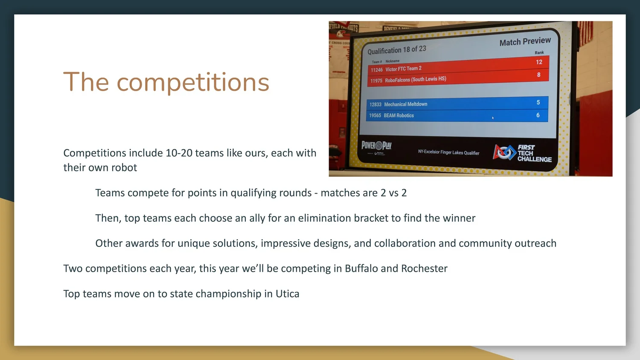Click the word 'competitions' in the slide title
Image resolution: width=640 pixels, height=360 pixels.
[193, 82]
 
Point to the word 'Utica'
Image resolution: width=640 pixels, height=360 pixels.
[287, 294]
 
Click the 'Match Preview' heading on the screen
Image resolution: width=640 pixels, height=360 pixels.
[525, 41]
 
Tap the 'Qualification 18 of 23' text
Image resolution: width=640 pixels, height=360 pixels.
[397, 50]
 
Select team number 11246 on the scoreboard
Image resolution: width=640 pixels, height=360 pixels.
[376, 70]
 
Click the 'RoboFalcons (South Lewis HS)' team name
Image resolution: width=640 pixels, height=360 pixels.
[415, 80]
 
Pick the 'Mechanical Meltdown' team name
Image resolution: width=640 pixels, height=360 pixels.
[405, 104]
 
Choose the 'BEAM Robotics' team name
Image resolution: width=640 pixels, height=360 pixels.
[399, 116]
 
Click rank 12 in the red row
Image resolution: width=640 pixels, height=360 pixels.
[539, 62]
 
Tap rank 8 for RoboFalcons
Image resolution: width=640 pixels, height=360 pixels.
[538, 75]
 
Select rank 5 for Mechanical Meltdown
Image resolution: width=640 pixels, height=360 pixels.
[538, 102]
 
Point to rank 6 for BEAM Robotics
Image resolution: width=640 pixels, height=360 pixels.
[538, 115]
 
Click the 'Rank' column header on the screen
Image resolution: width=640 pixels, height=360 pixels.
[539, 52]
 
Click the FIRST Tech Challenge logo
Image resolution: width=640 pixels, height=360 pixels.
[522, 153]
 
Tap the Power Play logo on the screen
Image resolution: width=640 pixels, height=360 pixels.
[376, 146]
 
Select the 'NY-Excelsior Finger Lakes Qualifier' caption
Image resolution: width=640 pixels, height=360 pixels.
[448, 152]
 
